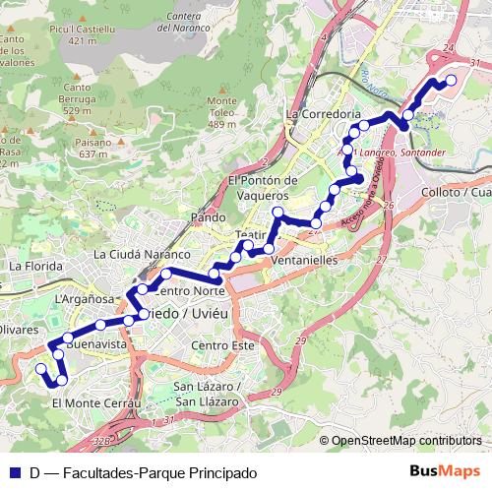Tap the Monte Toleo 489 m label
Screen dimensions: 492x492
click(x=222, y=112)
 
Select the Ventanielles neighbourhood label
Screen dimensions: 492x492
click(x=308, y=260)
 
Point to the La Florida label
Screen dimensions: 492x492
click(x=35, y=266)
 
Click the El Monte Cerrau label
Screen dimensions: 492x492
click(x=97, y=403)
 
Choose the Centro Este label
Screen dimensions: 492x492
click(x=223, y=345)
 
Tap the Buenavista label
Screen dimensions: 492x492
click(x=100, y=346)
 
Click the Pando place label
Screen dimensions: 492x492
click(x=210, y=216)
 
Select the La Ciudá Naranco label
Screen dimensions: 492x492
click(x=141, y=254)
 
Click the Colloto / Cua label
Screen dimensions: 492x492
click(x=455, y=192)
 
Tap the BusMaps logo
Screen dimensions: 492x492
click(x=446, y=471)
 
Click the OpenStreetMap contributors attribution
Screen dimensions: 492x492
click(x=406, y=440)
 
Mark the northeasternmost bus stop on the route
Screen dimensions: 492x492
click(x=451, y=81)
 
